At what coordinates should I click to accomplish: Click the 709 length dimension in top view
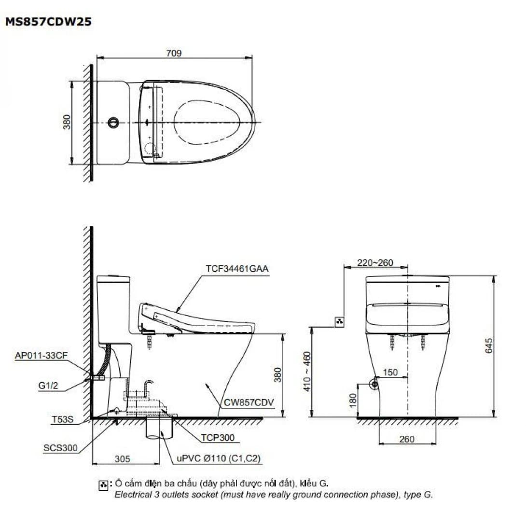coord(174,53)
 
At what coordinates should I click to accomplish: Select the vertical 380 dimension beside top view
coord(67,122)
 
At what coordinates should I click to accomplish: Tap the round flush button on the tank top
coord(113,123)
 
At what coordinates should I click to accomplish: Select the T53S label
coord(62,419)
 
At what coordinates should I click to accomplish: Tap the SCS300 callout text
coord(60,448)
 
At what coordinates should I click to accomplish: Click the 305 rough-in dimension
coord(123,459)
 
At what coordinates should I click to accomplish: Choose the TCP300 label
coord(219,438)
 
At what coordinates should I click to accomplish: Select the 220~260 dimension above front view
coord(375,263)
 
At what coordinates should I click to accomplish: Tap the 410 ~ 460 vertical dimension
coord(307,372)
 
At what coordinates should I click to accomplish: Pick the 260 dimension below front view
coord(407,439)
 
